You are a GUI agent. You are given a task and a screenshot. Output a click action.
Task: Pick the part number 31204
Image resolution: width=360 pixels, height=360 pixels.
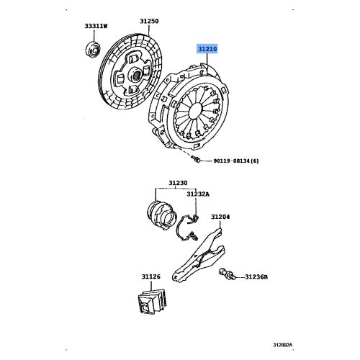point(220,216)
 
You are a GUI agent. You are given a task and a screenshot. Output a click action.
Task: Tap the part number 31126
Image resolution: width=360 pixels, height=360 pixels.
point(150,276)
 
